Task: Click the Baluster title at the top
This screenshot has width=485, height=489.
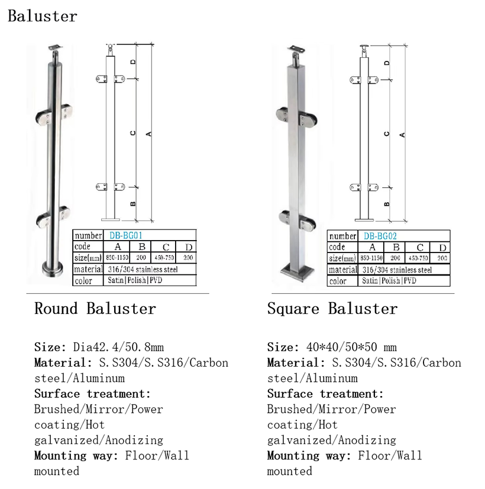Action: [42, 16]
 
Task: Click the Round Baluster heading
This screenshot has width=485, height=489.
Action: [95, 309]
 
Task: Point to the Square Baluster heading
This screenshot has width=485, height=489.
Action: [332, 309]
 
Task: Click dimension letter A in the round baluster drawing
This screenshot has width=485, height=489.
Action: [149, 133]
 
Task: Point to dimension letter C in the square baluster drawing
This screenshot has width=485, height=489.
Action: [386, 134]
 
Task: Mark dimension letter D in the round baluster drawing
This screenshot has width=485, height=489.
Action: [133, 61]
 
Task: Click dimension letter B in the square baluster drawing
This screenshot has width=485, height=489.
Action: [386, 204]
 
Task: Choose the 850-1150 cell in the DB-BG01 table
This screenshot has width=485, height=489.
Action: [118, 258]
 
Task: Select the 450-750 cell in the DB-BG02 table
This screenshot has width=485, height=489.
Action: [420, 258]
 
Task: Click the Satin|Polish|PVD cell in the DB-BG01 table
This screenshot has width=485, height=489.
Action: [134, 280]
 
